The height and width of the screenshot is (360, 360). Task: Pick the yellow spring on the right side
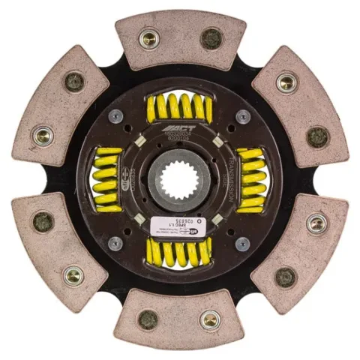coord(250,181)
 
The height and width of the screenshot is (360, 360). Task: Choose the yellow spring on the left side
coord(107,180)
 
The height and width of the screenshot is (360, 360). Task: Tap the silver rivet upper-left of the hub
coord(115,116)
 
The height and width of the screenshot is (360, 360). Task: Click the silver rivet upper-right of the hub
coord(243,116)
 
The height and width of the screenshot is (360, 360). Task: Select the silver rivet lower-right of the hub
coord(243,244)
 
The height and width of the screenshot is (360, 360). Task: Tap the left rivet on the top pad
coord(149,38)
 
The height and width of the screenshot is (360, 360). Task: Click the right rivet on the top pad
coord(211,38)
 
